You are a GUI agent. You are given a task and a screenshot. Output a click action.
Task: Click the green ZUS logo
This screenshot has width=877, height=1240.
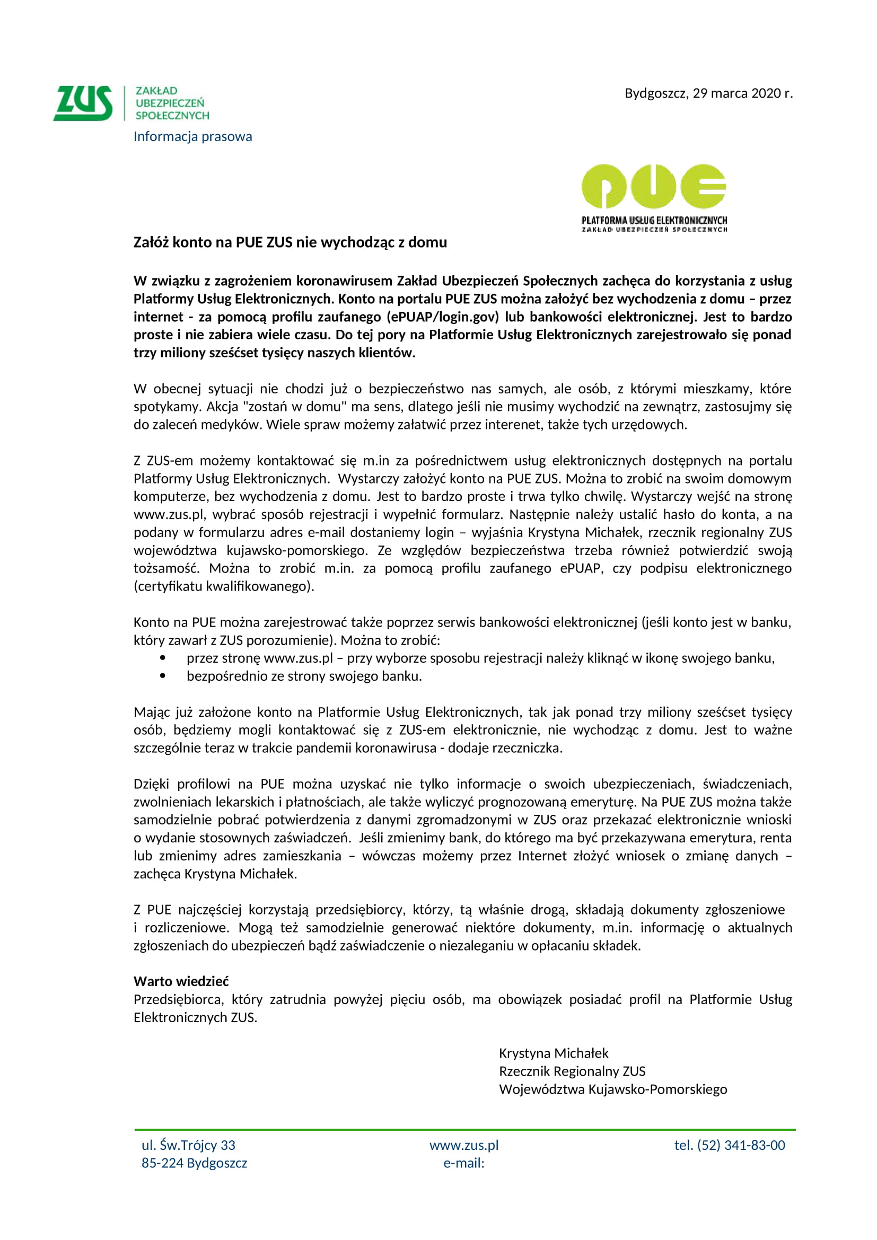pyautogui.click(x=83, y=103)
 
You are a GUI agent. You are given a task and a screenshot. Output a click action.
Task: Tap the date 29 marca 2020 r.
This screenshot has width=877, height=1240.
pyautogui.click(x=742, y=93)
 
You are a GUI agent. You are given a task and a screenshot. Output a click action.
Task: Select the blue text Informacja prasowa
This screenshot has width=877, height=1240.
pyautogui.click(x=193, y=137)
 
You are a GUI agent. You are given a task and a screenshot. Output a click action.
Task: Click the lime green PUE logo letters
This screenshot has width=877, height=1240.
pyautogui.click(x=653, y=187)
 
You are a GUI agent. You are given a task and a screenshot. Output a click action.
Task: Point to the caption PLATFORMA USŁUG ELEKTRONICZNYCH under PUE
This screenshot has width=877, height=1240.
pyautogui.click(x=654, y=221)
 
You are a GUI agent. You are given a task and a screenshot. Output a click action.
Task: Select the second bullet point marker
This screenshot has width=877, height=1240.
pyautogui.click(x=163, y=676)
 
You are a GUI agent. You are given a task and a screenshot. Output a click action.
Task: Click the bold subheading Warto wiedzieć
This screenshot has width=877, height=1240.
pyautogui.click(x=181, y=981)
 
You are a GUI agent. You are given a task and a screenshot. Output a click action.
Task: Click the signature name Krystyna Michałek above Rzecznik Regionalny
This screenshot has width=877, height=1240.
pyautogui.click(x=554, y=1053)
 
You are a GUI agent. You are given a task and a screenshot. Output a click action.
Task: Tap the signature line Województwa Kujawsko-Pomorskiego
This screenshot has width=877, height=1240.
pyautogui.click(x=613, y=1089)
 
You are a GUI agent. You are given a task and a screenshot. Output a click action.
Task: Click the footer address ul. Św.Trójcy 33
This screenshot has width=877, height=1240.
pyautogui.click(x=188, y=1145)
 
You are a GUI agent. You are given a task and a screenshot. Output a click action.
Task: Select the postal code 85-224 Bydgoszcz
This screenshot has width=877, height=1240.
pyautogui.click(x=195, y=1163)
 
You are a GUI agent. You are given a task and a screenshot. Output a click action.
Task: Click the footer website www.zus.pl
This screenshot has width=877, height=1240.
pyautogui.click(x=464, y=1145)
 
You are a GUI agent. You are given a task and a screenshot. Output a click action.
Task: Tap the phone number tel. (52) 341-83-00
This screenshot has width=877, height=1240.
pyautogui.click(x=730, y=1145)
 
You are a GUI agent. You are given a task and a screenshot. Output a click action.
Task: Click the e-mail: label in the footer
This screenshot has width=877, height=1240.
pyautogui.click(x=464, y=1163)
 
